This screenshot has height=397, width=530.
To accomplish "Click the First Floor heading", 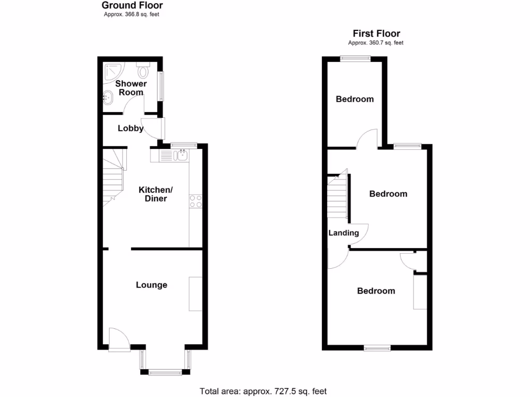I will point(376,34).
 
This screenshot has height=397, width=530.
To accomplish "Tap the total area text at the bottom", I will point(263,391).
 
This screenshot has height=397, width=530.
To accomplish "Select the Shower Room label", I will point(131,88).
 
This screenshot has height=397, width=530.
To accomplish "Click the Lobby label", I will point(130,128).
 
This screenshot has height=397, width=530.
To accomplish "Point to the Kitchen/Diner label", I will point(156,194).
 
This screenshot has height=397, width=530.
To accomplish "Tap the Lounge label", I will point(152,285).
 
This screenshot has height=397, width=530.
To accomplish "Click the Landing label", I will point(344,233).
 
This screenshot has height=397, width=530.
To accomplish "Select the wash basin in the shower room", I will point(108,97).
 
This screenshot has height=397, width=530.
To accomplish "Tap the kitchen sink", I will point(182,155).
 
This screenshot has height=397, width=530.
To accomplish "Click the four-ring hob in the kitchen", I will point(196,201).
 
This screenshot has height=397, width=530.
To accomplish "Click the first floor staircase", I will point(337,196).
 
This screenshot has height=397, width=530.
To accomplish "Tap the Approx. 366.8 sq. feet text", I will point(131,14).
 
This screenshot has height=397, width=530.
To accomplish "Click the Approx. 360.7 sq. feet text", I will point(376,43).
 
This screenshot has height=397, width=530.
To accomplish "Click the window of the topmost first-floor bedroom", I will point(355,58).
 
